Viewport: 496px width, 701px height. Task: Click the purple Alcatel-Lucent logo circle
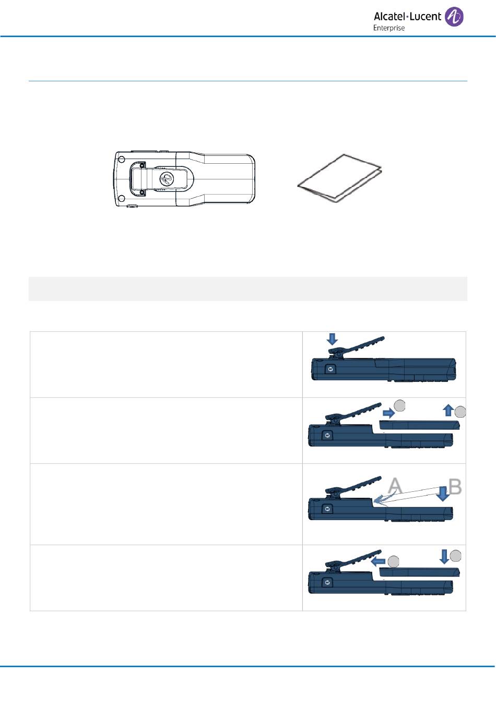click(x=454, y=17)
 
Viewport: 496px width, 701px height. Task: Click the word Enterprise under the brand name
click(x=389, y=28)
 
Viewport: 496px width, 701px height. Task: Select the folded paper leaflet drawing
click(x=339, y=178)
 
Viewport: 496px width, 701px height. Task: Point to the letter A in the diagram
click(x=395, y=486)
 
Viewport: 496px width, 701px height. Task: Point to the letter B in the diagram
click(x=455, y=487)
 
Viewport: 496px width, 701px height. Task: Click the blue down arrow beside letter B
click(x=443, y=493)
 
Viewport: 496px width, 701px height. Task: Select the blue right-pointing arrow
click(x=389, y=414)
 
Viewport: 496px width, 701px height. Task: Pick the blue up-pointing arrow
click(x=448, y=410)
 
